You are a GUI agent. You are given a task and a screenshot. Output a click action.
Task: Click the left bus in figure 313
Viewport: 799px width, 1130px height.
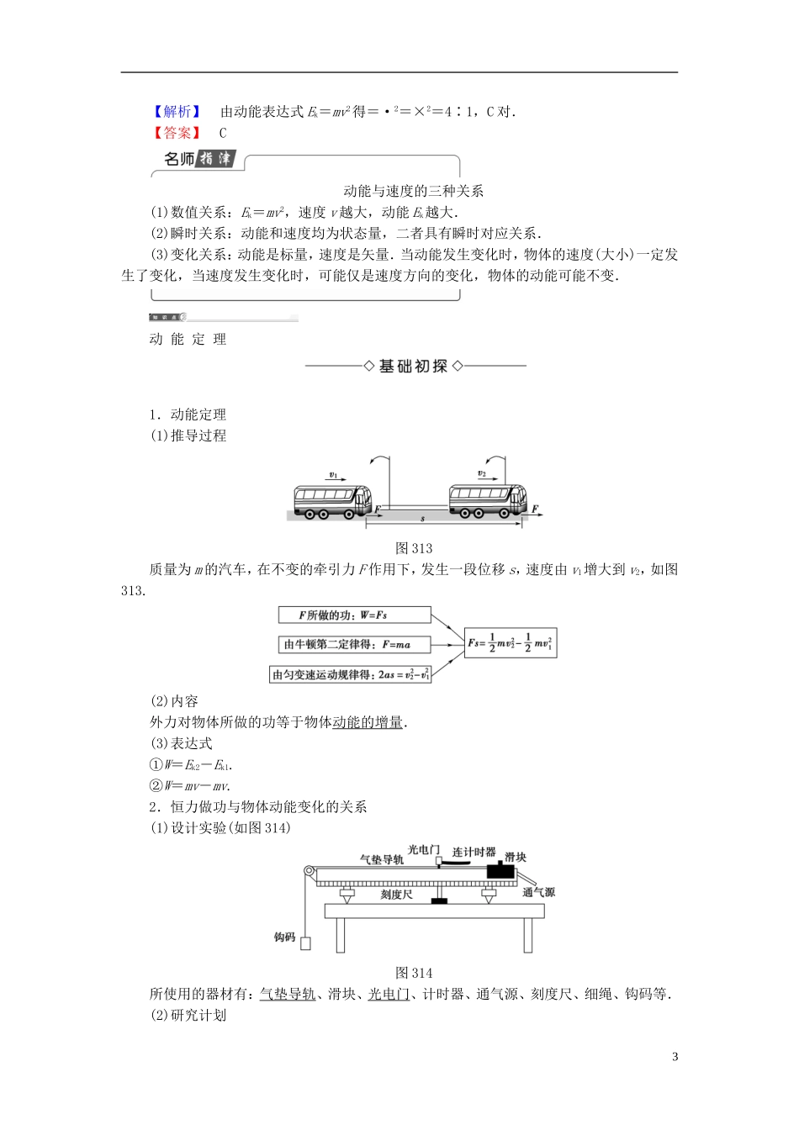(x=332, y=500)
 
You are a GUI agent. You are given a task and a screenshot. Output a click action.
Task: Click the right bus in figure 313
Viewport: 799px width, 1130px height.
(x=488, y=499)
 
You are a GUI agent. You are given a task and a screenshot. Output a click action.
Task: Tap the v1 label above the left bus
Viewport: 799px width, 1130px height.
(x=333, y=475)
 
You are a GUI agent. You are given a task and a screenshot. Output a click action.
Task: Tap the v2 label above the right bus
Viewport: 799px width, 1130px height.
(x=481, y=473)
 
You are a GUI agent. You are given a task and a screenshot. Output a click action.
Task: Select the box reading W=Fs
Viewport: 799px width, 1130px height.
(x=354, y=615)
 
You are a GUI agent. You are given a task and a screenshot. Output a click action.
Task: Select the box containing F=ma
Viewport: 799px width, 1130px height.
(x=354, y=645)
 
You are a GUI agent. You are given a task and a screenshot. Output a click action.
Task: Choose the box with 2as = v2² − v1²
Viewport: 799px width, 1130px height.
(x=351, y=674)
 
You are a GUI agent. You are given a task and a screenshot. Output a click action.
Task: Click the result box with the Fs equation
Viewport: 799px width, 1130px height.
(x=510, y=644)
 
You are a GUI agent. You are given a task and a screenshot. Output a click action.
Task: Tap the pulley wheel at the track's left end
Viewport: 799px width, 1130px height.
(x=310, y=874)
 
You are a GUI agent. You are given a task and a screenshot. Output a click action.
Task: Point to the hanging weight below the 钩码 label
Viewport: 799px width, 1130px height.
(x=305, y=943)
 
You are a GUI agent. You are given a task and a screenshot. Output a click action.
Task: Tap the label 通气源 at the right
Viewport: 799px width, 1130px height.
(x=538, y=892)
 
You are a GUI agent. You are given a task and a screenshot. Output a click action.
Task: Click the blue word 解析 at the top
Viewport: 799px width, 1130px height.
(x=177, y=112)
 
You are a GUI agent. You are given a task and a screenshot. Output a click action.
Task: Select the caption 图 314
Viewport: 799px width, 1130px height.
(x=414, y=973)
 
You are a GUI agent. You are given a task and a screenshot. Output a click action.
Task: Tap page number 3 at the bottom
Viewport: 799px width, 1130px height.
(x=675, y=1057)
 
